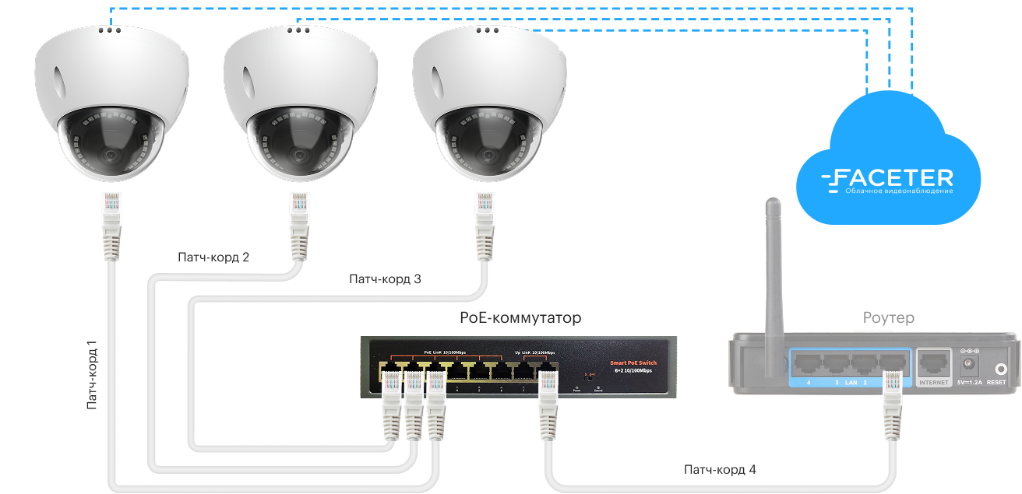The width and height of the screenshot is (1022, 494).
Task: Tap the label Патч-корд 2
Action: [x=213, y=257]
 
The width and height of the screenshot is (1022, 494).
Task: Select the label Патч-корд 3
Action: [x=385, y=279]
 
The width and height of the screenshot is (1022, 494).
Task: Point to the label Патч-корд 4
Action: [x=719, y=469]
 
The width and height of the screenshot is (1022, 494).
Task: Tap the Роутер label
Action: [x=888, y=318]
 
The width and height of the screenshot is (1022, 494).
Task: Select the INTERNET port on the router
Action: [x=934, y=363]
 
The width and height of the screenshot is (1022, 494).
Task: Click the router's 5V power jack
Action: [x=970, y=363]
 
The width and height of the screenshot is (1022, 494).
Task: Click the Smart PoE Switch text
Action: [x=633, y=363]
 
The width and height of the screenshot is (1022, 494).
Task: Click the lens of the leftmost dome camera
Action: [x=111, y=154]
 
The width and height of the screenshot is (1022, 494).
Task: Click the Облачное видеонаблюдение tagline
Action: [x=899, y=191]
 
